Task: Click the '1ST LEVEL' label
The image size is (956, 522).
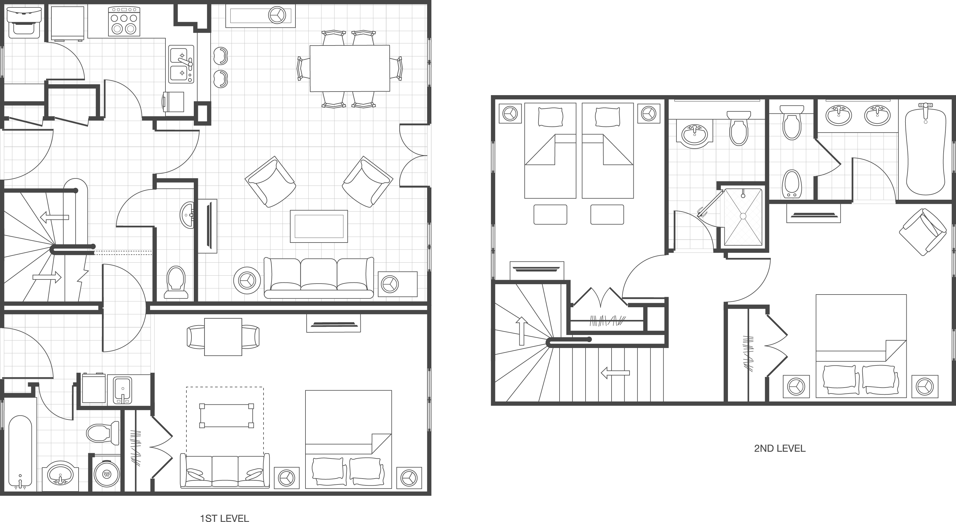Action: [224, 518]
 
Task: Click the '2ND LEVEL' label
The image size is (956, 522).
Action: [779, 448]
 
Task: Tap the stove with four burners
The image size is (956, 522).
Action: [124, 22]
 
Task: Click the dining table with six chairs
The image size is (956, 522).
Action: [349, 68]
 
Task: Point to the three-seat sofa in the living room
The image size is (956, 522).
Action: [318, 278]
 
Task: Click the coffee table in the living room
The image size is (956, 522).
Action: [319, 226]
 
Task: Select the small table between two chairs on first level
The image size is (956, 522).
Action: [223, 337]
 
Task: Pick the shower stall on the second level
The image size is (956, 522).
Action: [743, 217]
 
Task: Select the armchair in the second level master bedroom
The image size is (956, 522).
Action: [923, 232]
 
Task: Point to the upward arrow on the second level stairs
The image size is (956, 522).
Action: [522, 331]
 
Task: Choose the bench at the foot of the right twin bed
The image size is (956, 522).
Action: [607, 214]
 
